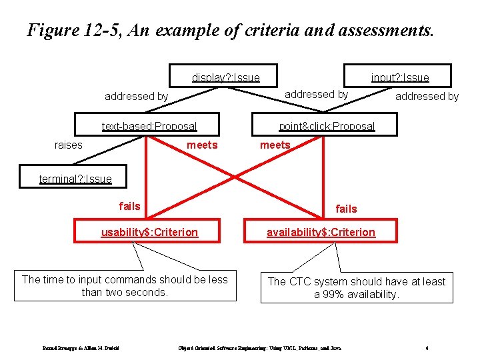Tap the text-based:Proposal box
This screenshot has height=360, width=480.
(149, 125)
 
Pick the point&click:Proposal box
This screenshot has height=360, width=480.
(327, 125)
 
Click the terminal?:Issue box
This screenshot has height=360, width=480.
(75, 177)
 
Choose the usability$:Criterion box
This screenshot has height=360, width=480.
(149, 231)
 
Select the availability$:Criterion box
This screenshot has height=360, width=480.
(321, 231)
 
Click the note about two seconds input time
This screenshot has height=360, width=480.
(125, 285)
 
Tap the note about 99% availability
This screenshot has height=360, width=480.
(356, 287)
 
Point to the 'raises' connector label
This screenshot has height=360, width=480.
(69, 145)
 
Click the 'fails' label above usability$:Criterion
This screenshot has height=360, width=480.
(129, 206)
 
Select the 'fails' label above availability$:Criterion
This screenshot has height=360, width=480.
(346, 209)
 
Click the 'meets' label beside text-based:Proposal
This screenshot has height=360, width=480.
(202, 145)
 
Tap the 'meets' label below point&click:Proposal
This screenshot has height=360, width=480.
(275, 145)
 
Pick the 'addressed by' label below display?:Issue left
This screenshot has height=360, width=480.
(136, 96)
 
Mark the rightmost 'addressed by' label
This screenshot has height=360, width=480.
(427, 96)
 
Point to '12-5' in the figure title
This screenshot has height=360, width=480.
(103, 30)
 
